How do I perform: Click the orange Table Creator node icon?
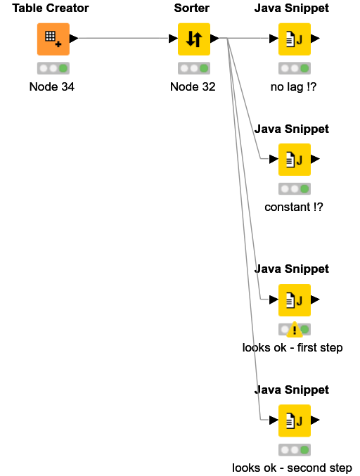point(53,39)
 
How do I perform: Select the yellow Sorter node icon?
point(194,39)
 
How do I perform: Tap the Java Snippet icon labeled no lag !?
point(295,39)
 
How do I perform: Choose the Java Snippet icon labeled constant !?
point(295,160)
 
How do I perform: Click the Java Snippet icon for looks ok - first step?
point(295,300)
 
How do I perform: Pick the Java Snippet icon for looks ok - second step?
point(295,420)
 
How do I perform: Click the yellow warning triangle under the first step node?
point(295,330)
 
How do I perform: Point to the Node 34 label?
point(52,86)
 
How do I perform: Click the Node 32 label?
point(193,86)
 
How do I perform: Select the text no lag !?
point(293,86)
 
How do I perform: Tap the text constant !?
point(294,207)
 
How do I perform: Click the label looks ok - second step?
point(292,468)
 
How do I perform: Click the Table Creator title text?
point(51,8)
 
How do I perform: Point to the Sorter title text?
point(192,8)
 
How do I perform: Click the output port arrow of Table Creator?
point(74,39)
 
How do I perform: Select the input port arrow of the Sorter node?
point(174,39)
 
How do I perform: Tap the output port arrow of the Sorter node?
point(214,39)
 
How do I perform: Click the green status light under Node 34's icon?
point(63,68)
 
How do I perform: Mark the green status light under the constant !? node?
point(304,189)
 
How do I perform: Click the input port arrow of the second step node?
point(274,420)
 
